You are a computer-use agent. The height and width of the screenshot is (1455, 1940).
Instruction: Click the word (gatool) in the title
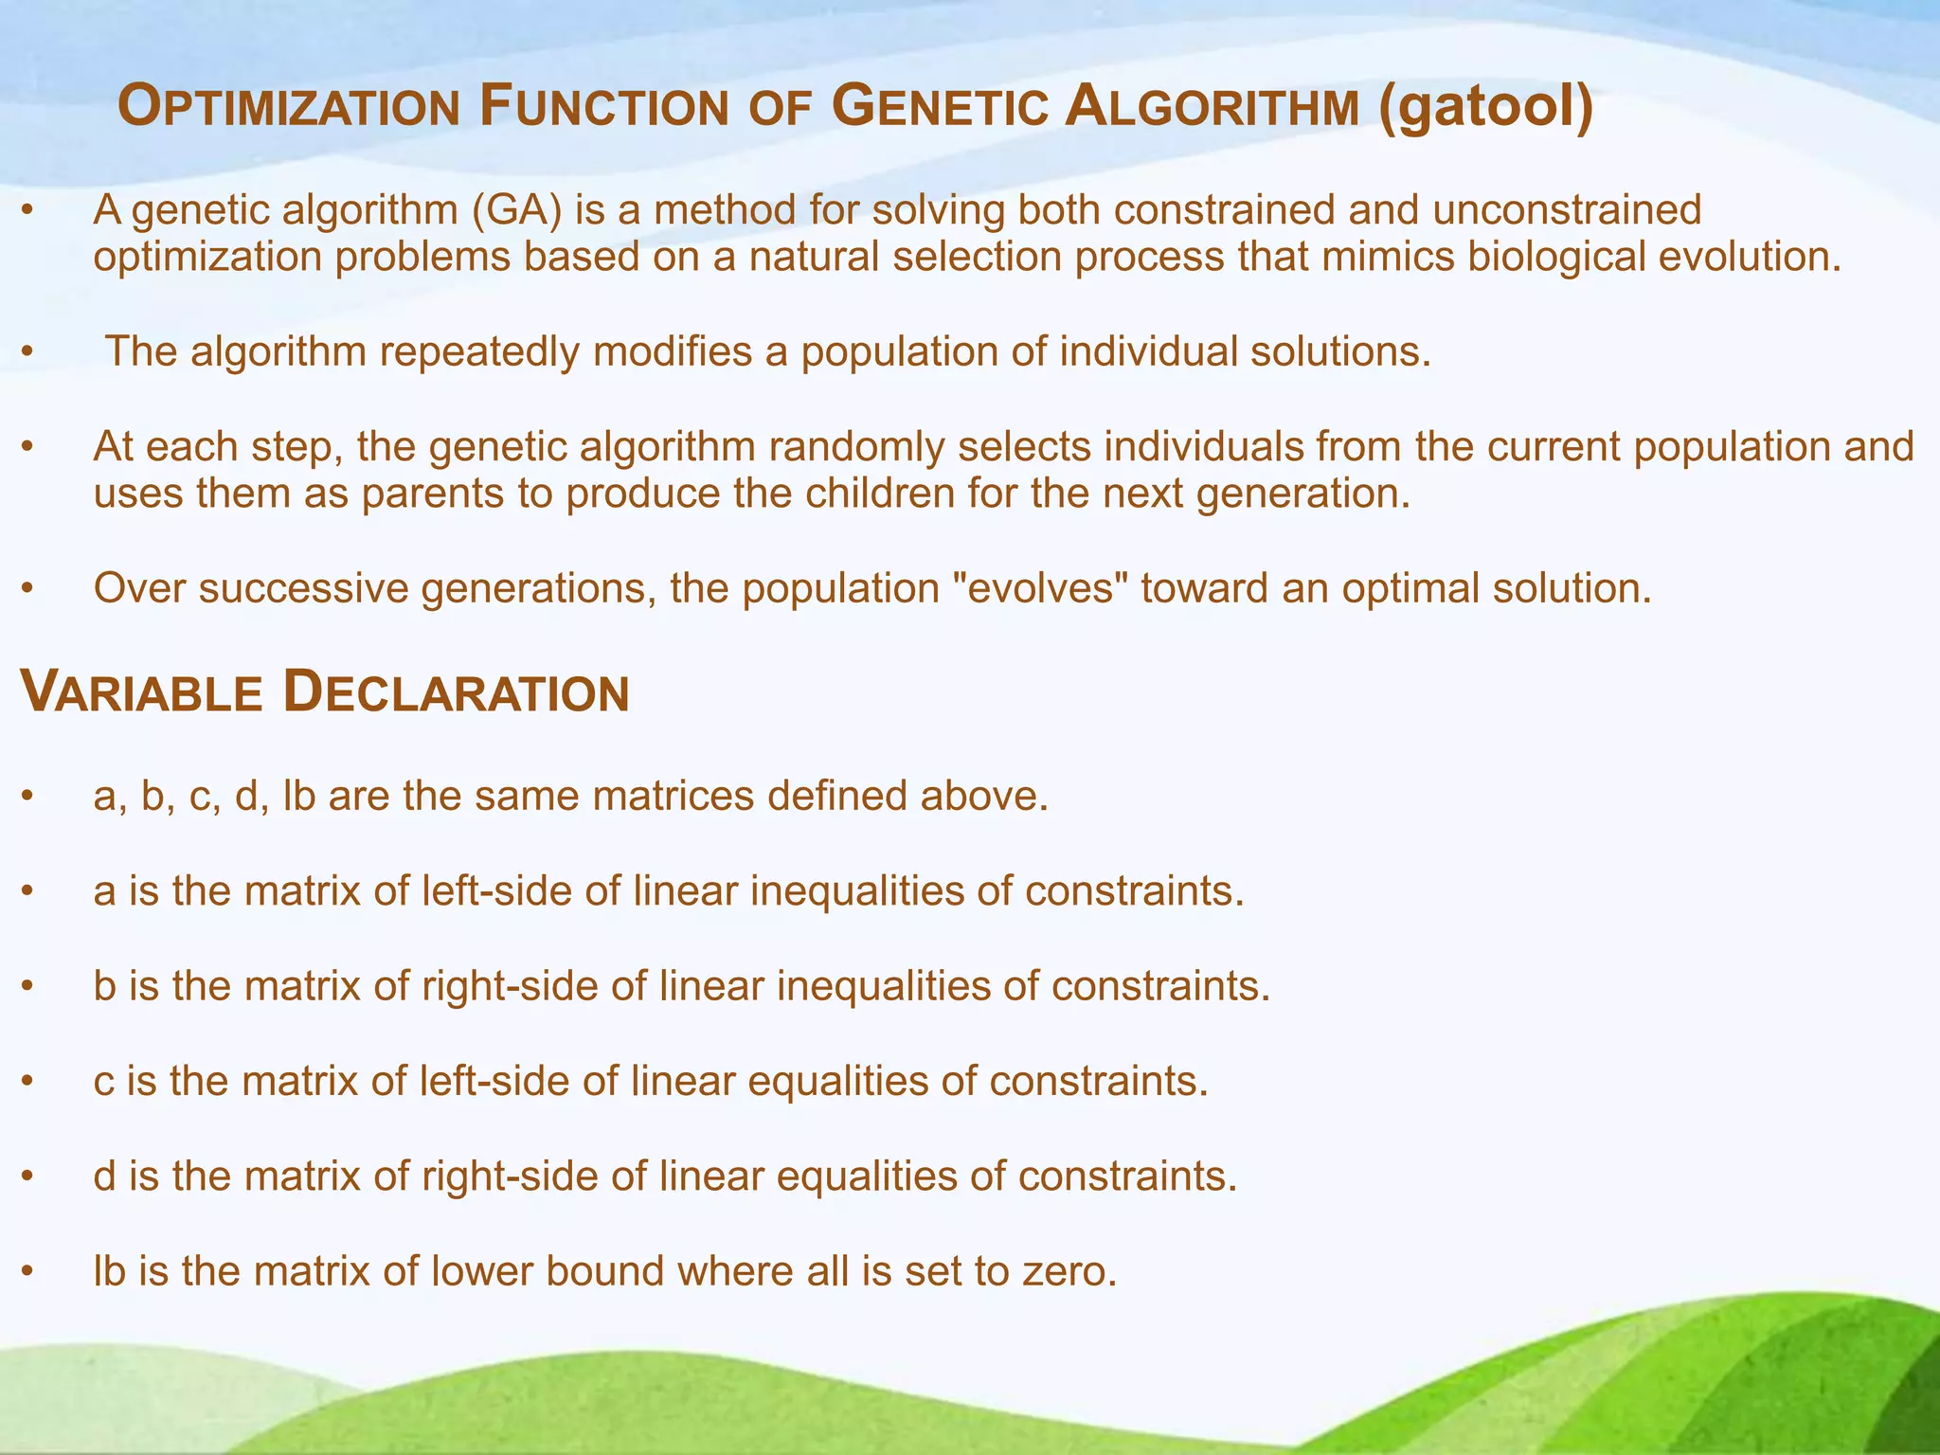tap(1485, 106)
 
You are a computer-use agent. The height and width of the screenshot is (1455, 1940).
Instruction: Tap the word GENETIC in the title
tap(939, 107)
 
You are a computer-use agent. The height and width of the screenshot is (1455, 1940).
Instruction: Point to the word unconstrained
tap(1567, 210)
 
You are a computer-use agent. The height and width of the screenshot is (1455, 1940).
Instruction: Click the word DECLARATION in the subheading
tap(456, 692)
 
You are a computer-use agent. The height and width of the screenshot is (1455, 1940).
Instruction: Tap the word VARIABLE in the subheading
tap(141, 692)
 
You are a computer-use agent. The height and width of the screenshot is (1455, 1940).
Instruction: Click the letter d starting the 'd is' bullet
tap(104, 1176)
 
